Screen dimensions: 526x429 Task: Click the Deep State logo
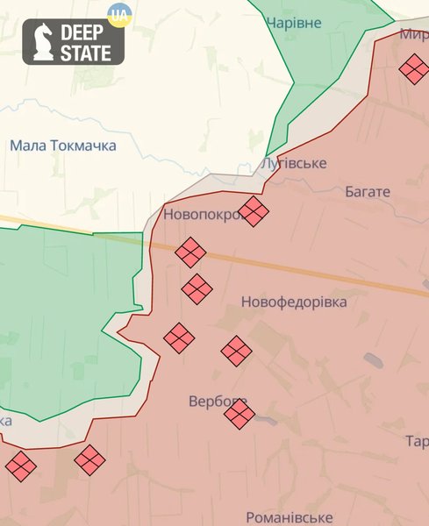pos(73,42)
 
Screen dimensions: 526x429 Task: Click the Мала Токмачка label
pos(63,146)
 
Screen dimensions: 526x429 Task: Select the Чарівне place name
pos(293,23)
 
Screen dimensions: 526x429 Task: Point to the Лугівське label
pos(294,164)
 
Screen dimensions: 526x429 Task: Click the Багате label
pos(368,191)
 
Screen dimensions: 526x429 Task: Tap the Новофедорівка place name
pos(294,302)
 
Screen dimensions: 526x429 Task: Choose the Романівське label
pos(290,517)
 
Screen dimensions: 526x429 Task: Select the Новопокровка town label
pos(202,214)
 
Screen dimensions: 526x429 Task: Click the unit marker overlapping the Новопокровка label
pos(254,211)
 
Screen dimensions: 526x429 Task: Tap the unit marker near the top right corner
pos(413,68)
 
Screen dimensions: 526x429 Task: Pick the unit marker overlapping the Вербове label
pos(239,414)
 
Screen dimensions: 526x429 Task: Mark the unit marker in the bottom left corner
pos(21,466)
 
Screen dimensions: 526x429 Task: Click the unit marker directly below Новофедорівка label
pos(236,352)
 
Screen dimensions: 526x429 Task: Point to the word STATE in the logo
pos(86,53)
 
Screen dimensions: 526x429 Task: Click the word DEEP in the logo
pos(82,33)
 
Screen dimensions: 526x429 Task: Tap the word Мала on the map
pos(28,146)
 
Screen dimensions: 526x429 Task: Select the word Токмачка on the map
pos(83,146)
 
